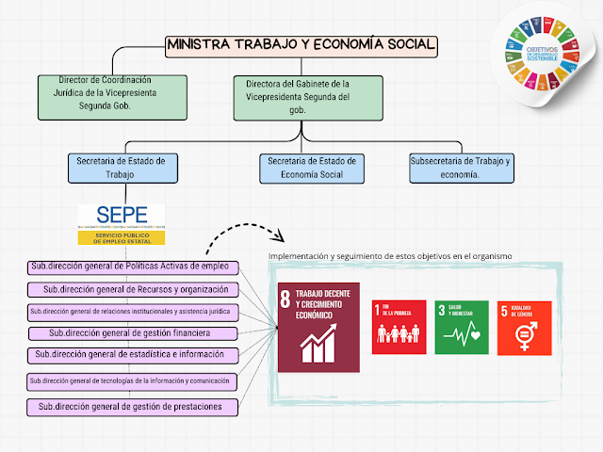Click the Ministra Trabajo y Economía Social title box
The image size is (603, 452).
[301, 44]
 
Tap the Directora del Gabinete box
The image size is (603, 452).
[299, 99]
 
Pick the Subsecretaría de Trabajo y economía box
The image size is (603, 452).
[462, 169]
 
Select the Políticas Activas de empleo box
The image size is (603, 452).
[130, 266]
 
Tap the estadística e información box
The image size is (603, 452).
[130, 355]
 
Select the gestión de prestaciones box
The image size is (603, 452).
[131, 407]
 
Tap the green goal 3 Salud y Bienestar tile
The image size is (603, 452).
[462, 327]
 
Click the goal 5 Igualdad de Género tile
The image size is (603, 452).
[524, 327]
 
